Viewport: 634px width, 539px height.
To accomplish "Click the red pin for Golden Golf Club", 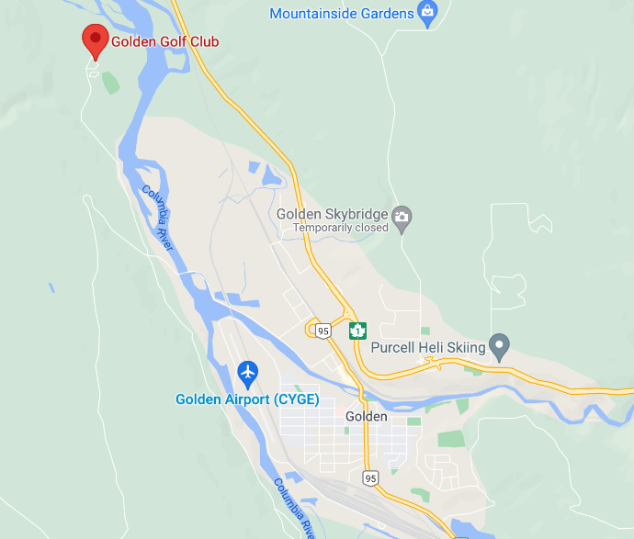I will click(x=94, y=39).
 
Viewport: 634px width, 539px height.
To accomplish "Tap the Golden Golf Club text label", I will click(x=164, y=41).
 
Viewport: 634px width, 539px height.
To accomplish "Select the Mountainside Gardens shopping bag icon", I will click(x=426, y=12).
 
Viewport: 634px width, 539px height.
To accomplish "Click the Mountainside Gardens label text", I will click(x=342, y=14).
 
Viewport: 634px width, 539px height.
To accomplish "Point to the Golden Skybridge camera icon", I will click(x=402, y=219).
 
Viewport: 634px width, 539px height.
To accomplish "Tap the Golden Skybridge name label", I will click(x=332, y=213).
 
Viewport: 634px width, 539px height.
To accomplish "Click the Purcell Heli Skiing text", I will click(x=427, y=349).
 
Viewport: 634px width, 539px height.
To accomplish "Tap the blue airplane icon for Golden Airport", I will click(x=247, y=373).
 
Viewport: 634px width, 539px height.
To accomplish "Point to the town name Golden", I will click(x=367, y=416).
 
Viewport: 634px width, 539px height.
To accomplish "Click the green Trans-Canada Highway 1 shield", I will click(x=357, y=331).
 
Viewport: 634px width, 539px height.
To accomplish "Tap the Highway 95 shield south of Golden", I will click(x=370, y=477).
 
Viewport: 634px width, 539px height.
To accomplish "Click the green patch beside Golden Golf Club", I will click(x=110, y=83).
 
